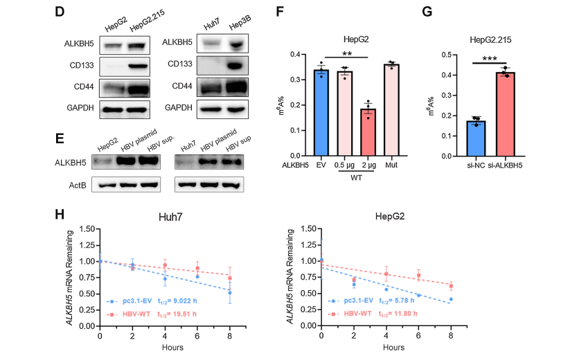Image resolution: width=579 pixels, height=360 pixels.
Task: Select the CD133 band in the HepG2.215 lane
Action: tap(137, 66)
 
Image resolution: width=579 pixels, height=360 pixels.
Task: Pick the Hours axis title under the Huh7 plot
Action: tap(166, 345)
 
